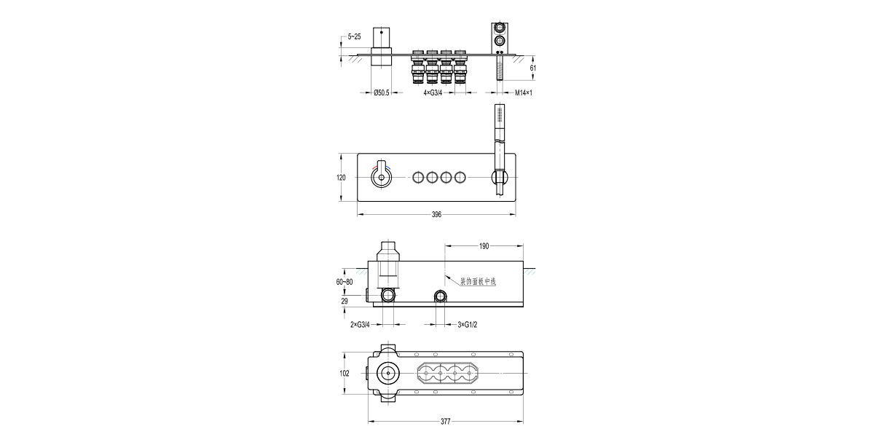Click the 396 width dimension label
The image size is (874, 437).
coord(436,215)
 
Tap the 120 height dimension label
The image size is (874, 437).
coord(341,178)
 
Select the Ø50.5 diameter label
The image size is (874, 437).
coord(381,93)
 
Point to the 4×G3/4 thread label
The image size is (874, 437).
coord(433,93)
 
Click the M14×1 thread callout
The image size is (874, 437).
coord(524,93)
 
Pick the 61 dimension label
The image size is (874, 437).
coord(533,68)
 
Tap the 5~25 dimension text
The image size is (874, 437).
coord(354,36)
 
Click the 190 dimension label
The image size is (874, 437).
coord(484,246)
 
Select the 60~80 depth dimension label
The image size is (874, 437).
coord(345,282)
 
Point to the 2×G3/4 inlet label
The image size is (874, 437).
coord(360,325)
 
